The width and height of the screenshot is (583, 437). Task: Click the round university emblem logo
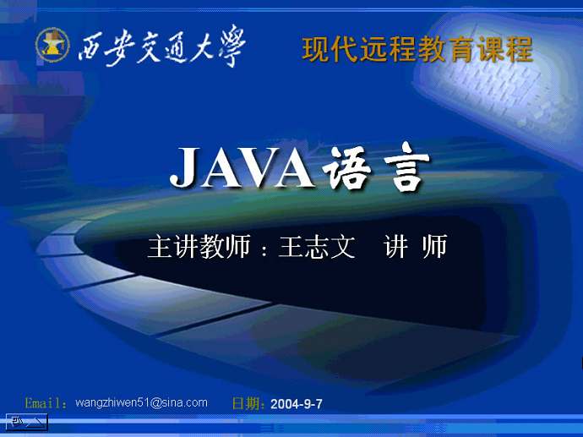tap(52, 45)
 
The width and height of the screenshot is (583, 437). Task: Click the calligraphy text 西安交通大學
tap(161, 46)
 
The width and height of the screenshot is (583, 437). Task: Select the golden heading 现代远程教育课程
tap(417, 49)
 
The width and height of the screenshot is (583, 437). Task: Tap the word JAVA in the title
tap(242, 168)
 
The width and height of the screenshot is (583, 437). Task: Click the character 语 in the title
tap(347, 167)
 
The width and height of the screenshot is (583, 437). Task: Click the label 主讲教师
tap(199, 246)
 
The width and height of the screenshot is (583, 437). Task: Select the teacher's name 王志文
tap(317, 246)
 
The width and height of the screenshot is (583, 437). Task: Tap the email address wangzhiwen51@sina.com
tap(141, 403)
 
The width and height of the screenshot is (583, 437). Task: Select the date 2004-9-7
tap(297, 404)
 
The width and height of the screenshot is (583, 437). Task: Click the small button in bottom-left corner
tap(27, 422)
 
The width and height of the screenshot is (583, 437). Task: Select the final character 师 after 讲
tap(434, 246)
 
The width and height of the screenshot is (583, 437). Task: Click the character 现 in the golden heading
tap(316, 50)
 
